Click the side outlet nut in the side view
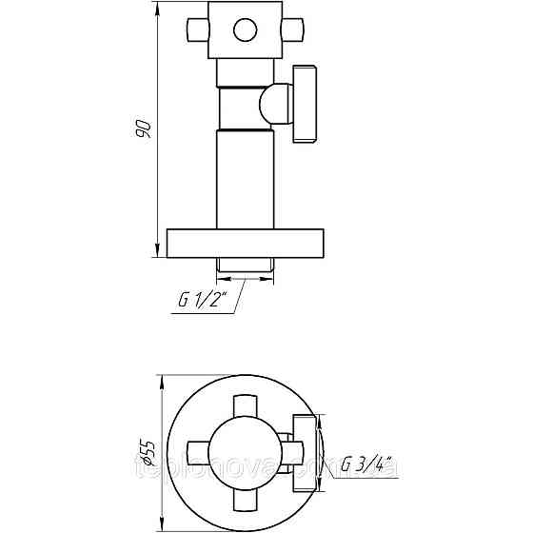pos(306,105)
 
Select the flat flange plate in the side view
pos(247,243)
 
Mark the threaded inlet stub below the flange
pos(246,266)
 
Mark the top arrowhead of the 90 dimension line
pos(158,13)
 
